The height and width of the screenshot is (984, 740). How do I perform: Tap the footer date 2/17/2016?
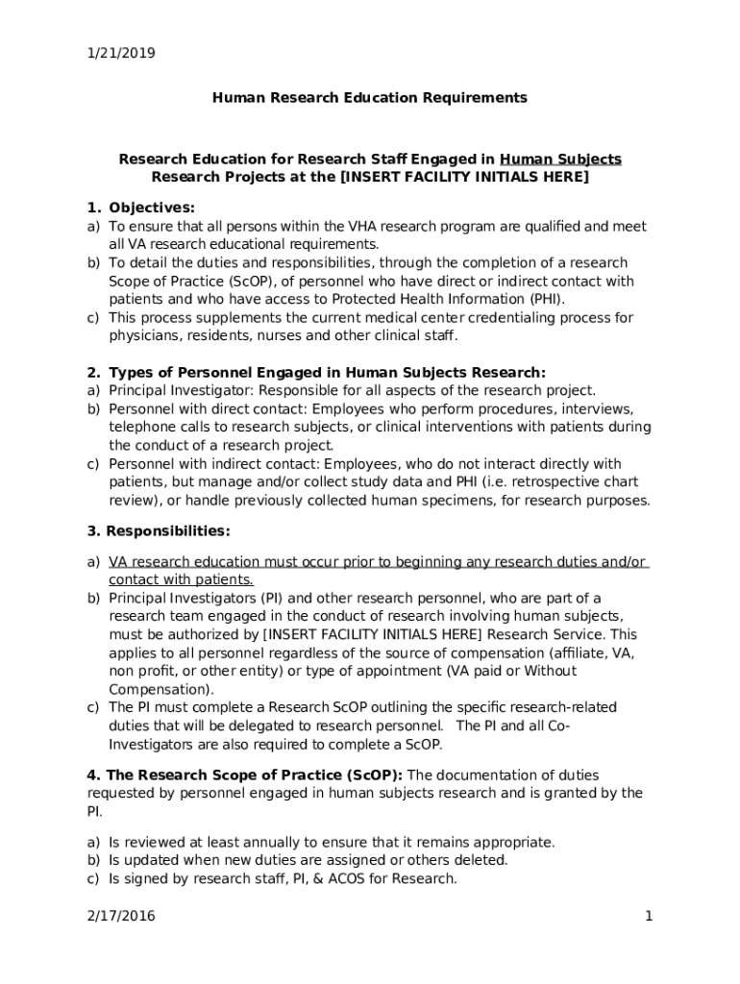point(121,916)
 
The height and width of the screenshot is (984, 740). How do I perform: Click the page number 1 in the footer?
point(649,916)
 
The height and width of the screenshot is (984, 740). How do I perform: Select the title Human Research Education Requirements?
point(369,97)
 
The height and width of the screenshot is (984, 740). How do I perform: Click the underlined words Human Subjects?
point(560,159)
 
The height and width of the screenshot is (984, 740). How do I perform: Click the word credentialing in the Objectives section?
point(508,317)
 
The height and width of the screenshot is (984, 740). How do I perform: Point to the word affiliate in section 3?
point(595,652)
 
